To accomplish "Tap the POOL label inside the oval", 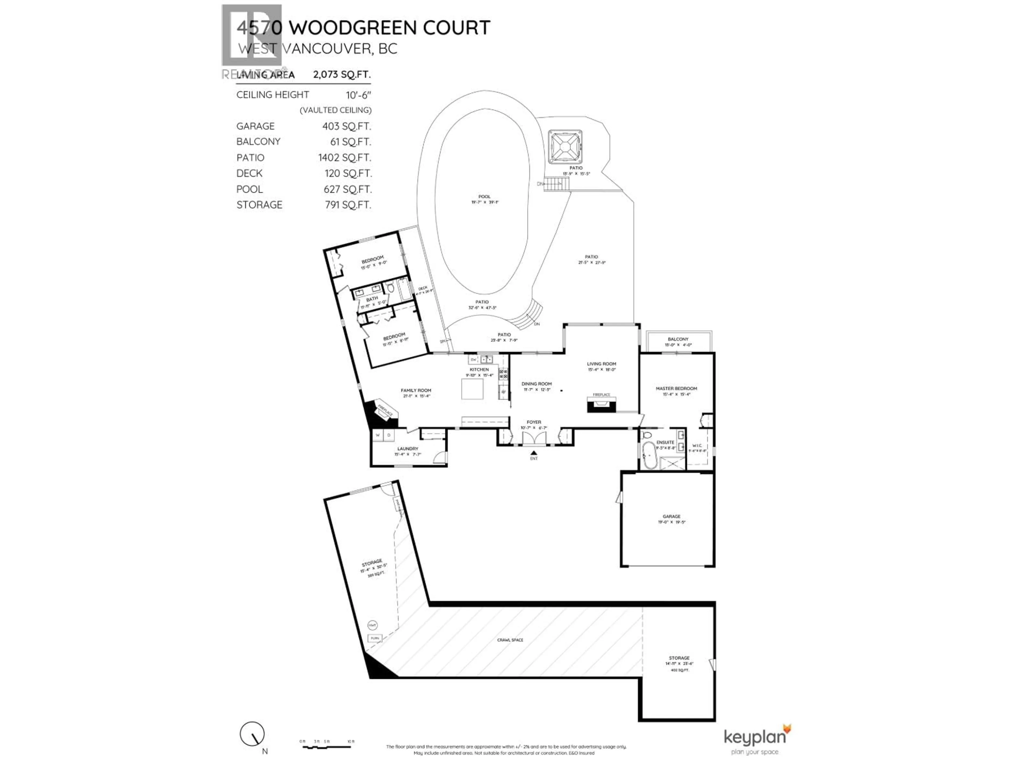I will [484, 196].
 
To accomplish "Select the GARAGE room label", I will [671, 517].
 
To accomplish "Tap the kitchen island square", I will [472, 389].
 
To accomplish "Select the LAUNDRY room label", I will [408, 449].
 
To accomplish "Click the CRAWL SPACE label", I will [510, 640].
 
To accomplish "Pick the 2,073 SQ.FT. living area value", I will [341, 74].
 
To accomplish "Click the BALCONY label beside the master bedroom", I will [678, 339].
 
